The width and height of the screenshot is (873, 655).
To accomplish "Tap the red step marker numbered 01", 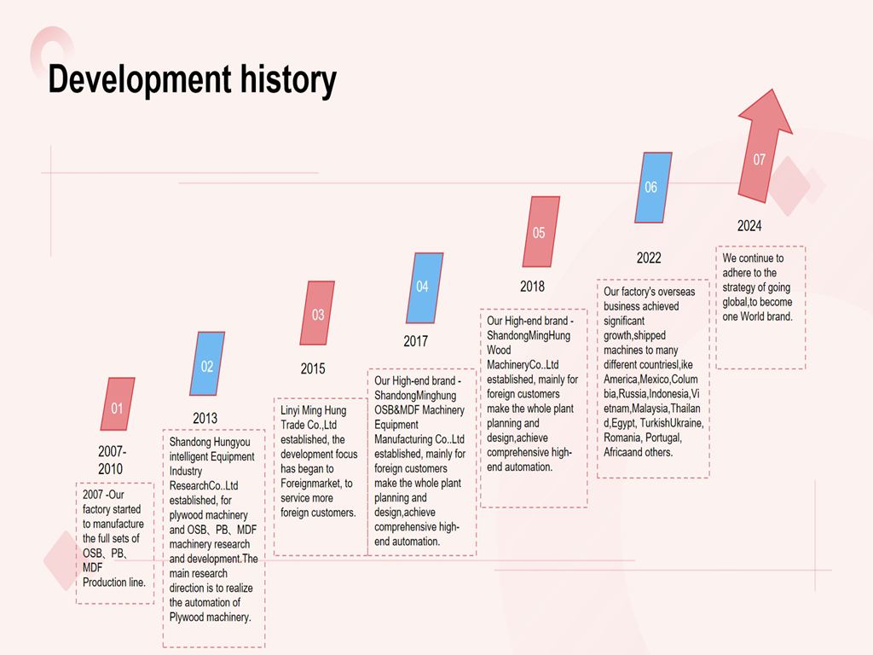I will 118,407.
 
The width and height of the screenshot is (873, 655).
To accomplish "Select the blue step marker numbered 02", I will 207,365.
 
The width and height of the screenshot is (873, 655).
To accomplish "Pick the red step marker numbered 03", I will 317,314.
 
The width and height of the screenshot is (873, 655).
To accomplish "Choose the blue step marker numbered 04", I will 424,287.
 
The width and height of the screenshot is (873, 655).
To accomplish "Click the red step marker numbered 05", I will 541,232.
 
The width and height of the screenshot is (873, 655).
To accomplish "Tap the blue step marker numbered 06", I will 652,187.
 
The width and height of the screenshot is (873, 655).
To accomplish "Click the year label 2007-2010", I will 111,460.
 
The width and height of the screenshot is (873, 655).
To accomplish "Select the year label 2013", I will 205,418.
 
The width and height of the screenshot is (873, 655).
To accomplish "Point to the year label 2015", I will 313,369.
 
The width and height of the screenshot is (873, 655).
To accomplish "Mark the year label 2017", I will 416,341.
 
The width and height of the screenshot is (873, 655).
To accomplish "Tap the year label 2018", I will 532,287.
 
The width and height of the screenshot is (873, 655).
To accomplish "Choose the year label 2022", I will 649,258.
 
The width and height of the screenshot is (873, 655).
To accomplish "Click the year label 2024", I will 749,226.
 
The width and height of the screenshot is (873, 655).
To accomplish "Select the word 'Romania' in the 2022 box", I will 622,438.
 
